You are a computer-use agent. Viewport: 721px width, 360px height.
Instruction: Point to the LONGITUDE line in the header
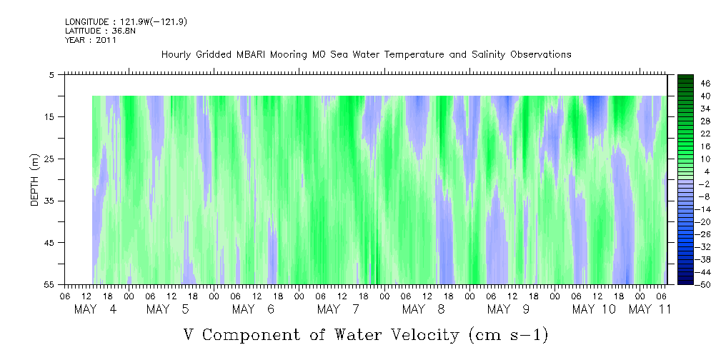pyautogui.click(x=126, y=21)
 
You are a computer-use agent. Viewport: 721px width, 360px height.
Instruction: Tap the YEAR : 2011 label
pyautogui.click(x=91, y=40)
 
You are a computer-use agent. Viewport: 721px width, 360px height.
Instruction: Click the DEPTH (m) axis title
pyautogui.click(x=35, y=180)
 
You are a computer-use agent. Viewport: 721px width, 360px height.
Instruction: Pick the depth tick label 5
pyautogui.click(x=51, y=75)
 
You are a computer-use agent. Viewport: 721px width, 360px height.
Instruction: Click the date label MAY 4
pyautogui.click(x=96, y=309)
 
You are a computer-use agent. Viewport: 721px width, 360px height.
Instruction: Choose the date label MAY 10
pyautogui.click(x=594, y=309)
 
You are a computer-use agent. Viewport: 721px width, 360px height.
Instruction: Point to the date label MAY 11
pyautogui.click(x=650, y=309)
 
